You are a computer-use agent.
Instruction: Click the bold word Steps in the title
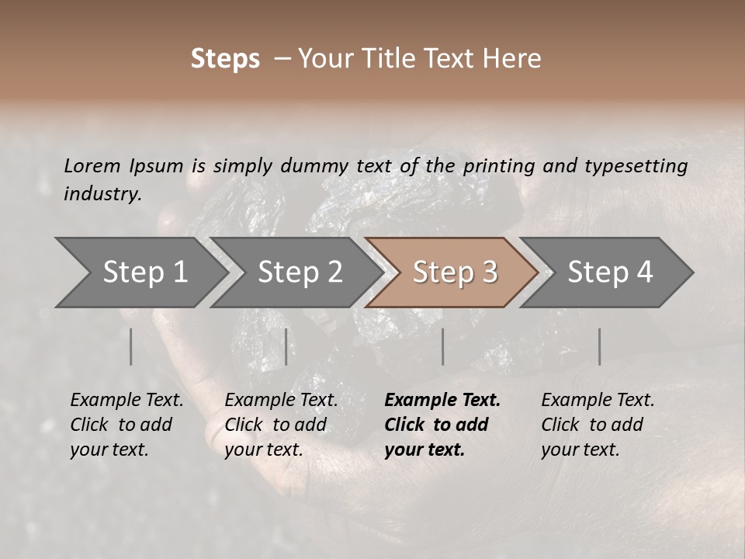[225, 59]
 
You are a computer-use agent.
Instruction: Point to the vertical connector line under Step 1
[131, 346]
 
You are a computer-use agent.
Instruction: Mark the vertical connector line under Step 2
[286, 346]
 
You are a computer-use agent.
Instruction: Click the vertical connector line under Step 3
[443, 346]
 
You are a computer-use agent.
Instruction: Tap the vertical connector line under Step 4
[600, 346]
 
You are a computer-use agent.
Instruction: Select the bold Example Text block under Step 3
[442, 425]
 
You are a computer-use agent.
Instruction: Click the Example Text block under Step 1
[126, 425]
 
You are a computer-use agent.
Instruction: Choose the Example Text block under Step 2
[281, 425]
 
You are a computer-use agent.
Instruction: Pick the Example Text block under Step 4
[598, 425]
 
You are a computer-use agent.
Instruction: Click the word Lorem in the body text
[92, 166]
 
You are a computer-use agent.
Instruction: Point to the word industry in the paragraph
[102, 194]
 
